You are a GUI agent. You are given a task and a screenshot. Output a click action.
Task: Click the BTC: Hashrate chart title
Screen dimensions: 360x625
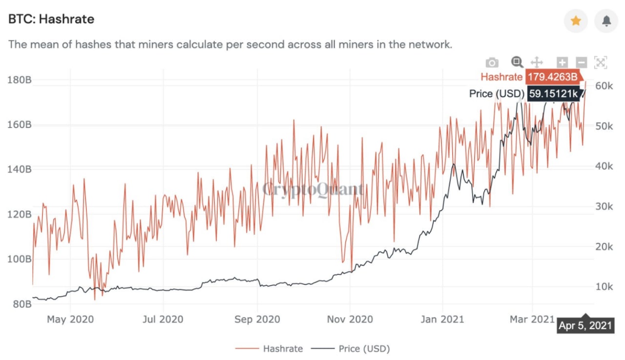[51, 19]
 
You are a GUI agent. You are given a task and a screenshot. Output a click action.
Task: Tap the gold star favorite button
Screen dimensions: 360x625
[576, 21]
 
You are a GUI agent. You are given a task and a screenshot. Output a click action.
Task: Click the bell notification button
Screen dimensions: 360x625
[606, 21]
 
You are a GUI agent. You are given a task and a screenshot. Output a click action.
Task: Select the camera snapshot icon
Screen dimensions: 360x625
[492, 63]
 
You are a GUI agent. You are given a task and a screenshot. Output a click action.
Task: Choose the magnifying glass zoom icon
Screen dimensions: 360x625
[517, 62]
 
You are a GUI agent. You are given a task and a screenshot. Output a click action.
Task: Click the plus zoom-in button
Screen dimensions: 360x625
[562, 63]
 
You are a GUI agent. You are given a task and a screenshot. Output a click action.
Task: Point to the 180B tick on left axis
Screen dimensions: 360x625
[20, 80]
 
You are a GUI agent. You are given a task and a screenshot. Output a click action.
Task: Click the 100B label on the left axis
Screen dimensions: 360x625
[20, 259]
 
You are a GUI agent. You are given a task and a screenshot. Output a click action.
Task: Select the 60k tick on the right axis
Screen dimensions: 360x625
[604, 86]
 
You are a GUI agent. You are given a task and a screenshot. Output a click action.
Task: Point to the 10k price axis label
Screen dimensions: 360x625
[604, 287]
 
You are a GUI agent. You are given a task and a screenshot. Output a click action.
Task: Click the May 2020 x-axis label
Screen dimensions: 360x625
[70, 319]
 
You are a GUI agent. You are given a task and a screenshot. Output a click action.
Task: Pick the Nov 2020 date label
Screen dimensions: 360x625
[350, 319]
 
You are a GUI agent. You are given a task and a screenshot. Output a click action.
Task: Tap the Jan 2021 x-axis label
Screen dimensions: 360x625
[442, 319]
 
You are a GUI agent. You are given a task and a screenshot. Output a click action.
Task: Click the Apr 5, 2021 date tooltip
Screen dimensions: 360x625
[584, 326]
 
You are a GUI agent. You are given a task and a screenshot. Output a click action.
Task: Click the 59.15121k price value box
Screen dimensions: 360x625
[553, 93]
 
